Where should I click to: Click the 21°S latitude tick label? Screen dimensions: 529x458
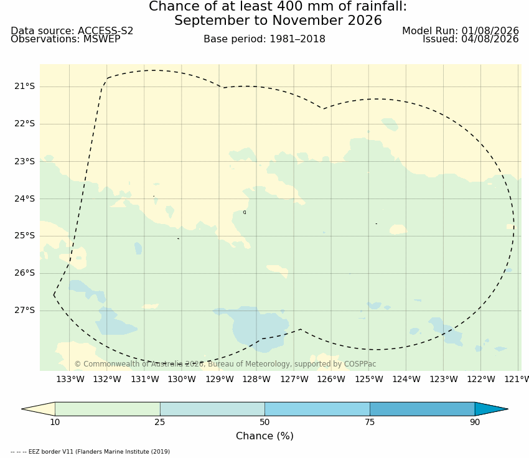tap(24, 86)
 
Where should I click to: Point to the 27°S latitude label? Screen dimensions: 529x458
tap(24, 311)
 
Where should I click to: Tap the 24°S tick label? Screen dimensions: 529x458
tap(24, 199)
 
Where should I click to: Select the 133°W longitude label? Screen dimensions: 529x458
tap(70, 380)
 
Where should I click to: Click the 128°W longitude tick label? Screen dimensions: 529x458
tap(256, 380)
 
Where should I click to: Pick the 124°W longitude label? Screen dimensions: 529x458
tap(406, 380)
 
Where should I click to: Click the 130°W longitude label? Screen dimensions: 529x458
tap(182, 380)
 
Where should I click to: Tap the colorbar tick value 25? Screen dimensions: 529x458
tap(160, 423)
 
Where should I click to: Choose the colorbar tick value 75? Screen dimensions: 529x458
tap(370, 423)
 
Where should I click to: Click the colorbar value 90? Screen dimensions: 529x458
tap(475, 423)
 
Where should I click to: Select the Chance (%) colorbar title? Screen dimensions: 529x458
tap(264, 436)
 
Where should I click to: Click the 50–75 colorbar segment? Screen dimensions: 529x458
tap(317, 409)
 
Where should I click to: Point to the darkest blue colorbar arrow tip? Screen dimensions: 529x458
tap(508, 409)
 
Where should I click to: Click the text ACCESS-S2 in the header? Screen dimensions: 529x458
tap(106, 30)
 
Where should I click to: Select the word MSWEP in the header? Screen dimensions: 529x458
tap(102, 39)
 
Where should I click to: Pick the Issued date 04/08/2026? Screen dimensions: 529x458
tap(490, 39)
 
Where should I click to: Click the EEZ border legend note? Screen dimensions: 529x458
tap(90, 452)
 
